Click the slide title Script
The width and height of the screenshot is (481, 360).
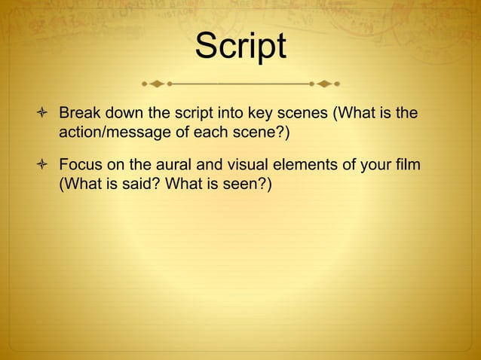pos(240,46)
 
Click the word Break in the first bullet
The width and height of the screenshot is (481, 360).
pos(79,114)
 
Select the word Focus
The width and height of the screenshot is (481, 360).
pos(81,164)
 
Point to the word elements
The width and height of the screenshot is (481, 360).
pos(317,164)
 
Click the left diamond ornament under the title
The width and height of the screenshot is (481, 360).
pos(157,83)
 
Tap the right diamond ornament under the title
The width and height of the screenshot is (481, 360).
pos(324,83)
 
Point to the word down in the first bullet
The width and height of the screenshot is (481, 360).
pos(123,114)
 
